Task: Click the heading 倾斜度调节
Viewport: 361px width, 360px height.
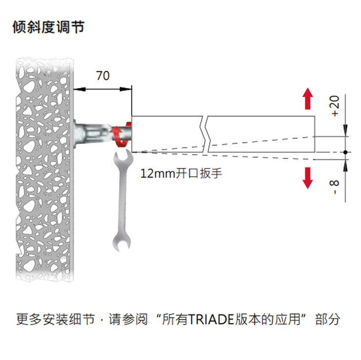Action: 48,27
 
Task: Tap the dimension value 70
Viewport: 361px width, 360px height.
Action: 103,76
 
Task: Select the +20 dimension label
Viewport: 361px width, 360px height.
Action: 335,106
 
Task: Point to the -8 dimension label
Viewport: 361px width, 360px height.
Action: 335,186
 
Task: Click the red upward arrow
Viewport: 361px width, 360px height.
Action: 308,99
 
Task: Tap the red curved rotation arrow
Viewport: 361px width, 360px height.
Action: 121,136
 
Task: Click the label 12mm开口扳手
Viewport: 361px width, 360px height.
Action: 179,174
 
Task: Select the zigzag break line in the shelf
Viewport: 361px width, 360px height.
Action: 205,134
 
